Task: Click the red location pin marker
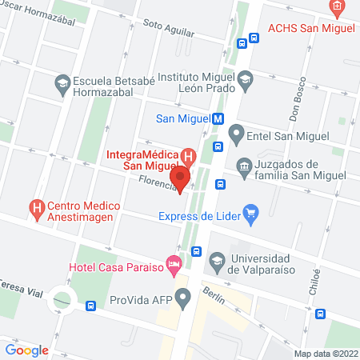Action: click(x=181, y=178)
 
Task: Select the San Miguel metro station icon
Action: click(x=217, y=119)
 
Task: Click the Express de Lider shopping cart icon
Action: click(x=252, y=214)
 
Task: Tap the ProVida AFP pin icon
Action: click(x=184, y=299)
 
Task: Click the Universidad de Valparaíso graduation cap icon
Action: click(x=217, y=260)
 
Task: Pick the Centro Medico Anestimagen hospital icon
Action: click(x=36, y=206)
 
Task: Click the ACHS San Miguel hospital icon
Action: click(x=336, y=9)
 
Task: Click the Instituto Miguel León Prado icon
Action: click(x=245, y=78)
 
